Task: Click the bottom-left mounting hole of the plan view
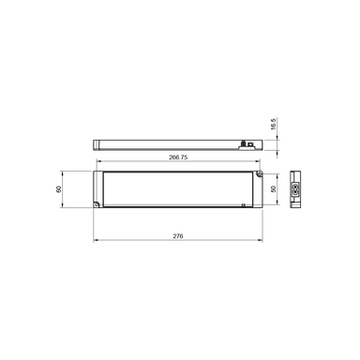pyautogui.click(x=100, y=204)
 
